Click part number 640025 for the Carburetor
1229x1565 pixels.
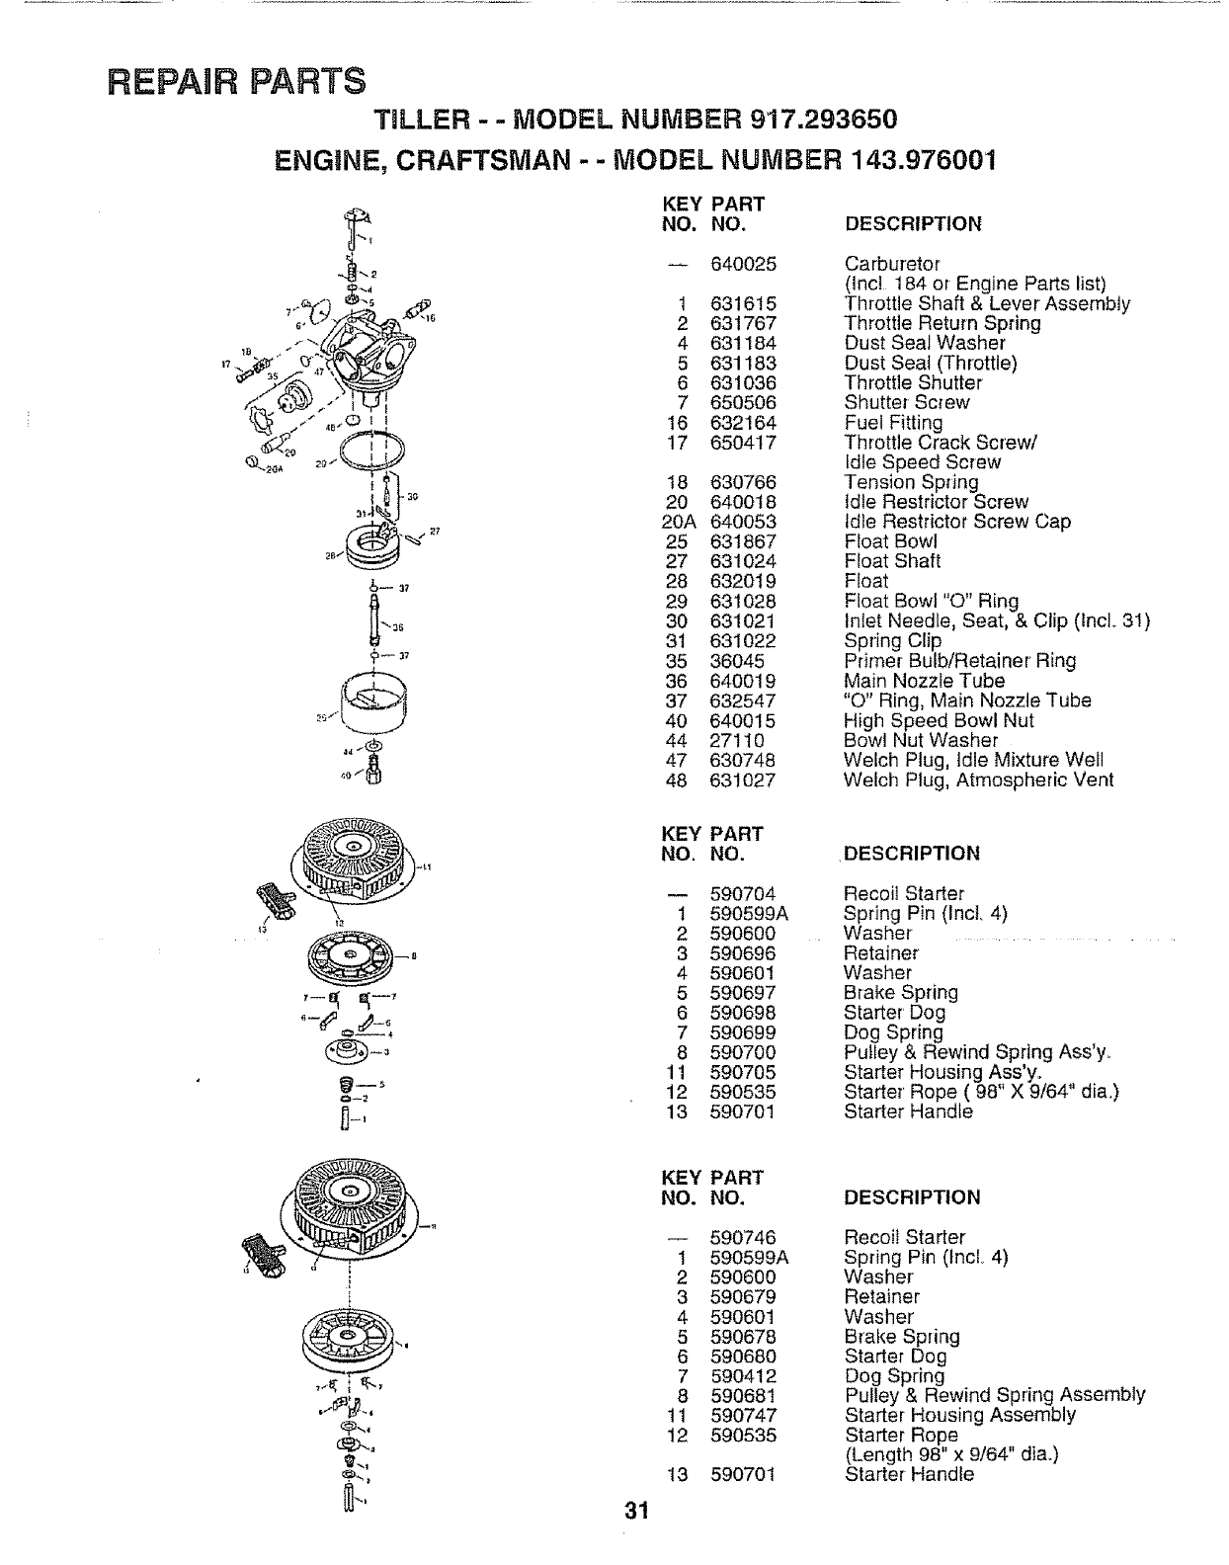[x=743, y=264]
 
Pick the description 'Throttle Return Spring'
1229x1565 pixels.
[x=942, y=323]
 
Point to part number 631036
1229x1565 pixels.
[x=743, y=382]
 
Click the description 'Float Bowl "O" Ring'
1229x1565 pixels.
[x=931, y=601]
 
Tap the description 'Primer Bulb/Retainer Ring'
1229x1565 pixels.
[x=959, y=661]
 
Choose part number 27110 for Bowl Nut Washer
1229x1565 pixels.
[x=737, y=740]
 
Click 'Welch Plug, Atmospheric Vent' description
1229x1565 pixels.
[x=978, y=780]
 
